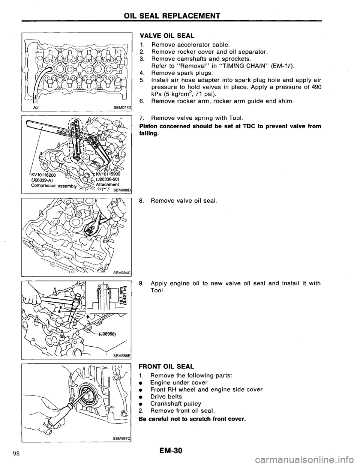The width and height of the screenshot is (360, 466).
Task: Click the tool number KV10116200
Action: (x=39, y=175)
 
